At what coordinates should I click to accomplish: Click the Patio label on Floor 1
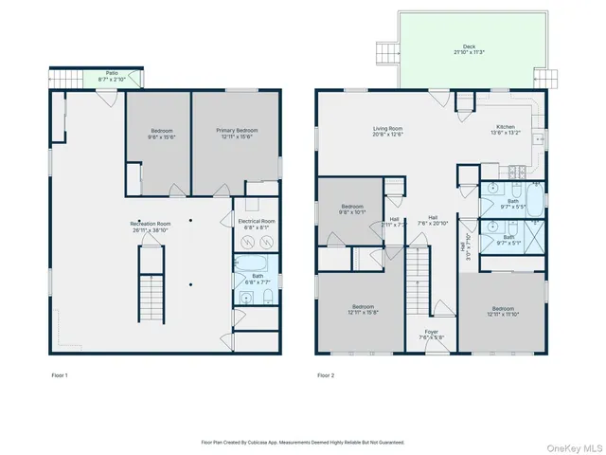point(112,77)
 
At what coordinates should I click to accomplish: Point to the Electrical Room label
point(256,224)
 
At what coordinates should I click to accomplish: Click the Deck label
point(469,48)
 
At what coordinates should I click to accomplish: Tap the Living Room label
point(386,132)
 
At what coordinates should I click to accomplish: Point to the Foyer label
point(432,335)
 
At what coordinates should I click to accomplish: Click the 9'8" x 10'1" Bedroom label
point(352,209)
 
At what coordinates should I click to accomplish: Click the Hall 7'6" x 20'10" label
point(433,221)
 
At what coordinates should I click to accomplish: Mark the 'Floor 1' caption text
point(60,376)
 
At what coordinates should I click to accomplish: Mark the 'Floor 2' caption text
point(326,376)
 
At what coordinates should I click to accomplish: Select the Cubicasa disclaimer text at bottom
point(303,442)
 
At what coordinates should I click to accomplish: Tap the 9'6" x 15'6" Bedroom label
point(161,135)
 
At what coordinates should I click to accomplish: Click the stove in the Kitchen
point(517,173)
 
